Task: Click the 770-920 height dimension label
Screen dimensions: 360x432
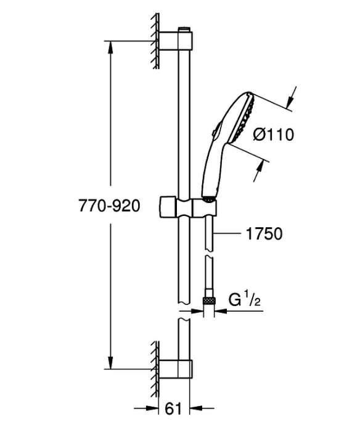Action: click(109, 206)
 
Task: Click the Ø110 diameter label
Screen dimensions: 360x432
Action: click(274, 135)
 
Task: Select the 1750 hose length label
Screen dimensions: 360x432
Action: click(264, 234)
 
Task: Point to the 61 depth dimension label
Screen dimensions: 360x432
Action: click(174, 416)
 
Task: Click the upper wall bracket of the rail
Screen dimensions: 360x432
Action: click(176, 41)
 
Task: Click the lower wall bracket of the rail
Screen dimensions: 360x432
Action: click(176, 369)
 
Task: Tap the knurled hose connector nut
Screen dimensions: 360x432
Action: click(208, 301)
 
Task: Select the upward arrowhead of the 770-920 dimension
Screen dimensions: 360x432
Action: click(110, 47)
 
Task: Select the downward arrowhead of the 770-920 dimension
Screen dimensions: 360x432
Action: click(110, 363)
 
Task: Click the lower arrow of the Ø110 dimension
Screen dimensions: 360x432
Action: click(258, 171)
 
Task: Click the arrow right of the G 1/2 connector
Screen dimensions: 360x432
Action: click(239, 311)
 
